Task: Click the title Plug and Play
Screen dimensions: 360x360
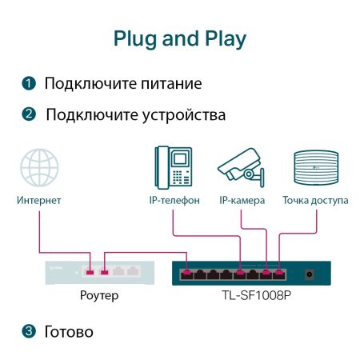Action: (179, 38)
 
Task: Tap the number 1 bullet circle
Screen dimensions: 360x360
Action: (29, 84)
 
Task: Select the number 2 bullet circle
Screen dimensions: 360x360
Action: (29, 115)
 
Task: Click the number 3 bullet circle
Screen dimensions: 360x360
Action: (29, 330)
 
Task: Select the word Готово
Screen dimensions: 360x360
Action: (70, 330)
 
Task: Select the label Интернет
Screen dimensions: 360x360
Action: (39, 200)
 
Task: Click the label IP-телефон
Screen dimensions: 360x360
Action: (174, 200)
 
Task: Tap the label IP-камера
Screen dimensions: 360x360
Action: (242, 200)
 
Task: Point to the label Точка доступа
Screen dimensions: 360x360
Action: (314, 200)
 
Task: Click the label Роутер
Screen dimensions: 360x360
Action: (99, 297)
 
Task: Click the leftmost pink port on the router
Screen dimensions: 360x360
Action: (90, 274)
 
